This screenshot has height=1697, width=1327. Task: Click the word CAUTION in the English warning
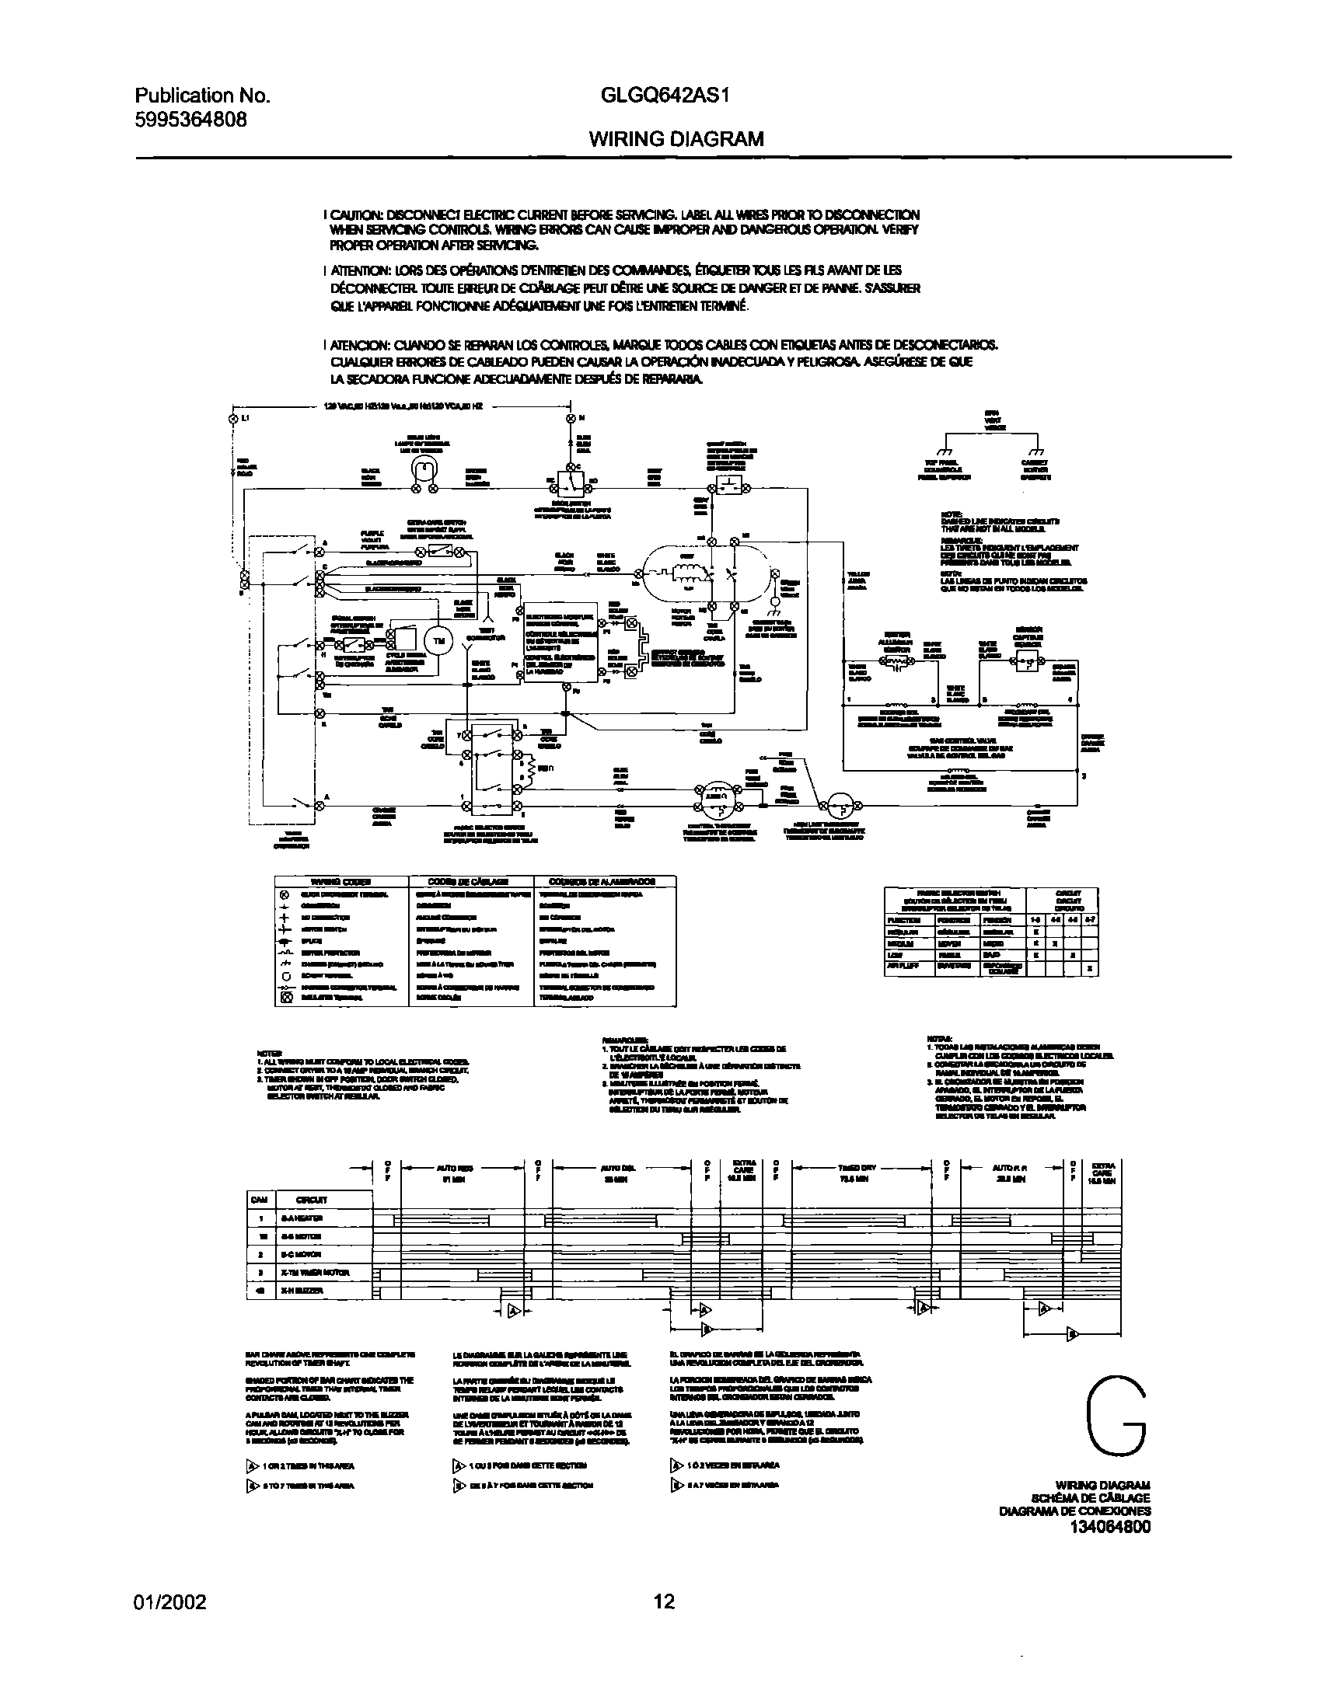pyautogui.click(x=356, y=214)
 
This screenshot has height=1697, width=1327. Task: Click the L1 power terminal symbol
pyautogui.click(x=232, y=418)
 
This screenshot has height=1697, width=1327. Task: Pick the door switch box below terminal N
pyautogui.click(x=571, y=483)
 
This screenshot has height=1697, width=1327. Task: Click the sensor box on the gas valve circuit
pyautogui.click(x=1028, y=661)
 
